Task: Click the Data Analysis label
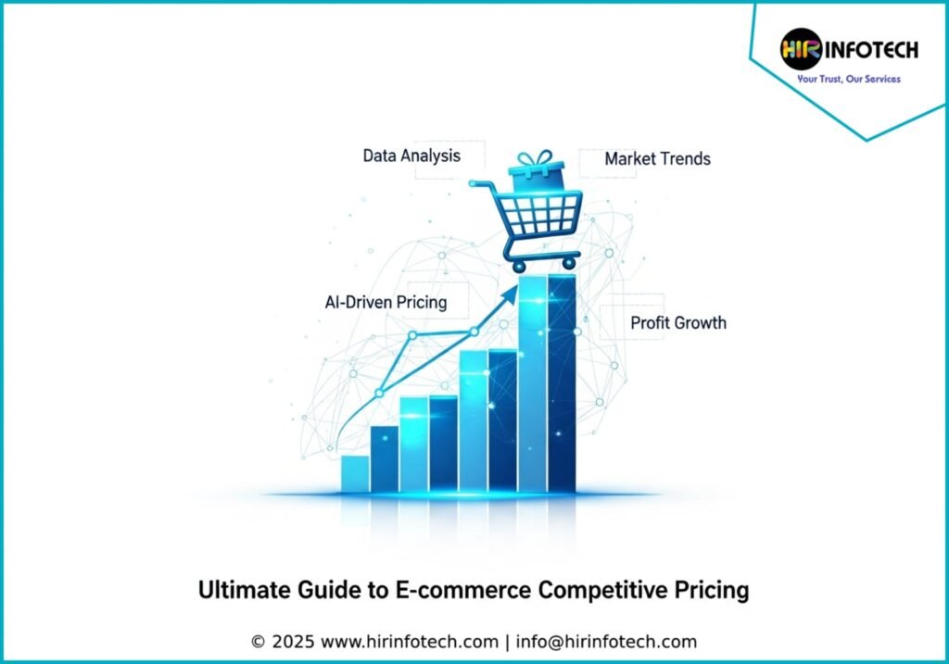[411, 156]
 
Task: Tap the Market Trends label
[657, 158]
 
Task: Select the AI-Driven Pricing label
[386, 302]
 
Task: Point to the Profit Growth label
[678, 322]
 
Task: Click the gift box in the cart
[537, 176]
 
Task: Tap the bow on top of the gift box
[535, 157]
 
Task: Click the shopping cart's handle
[481, 183]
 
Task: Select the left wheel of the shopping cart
[519, 266]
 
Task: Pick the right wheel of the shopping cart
[569, 263]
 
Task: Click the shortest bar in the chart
[355, 473]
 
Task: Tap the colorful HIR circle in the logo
[801, 49]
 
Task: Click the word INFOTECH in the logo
[871, 50]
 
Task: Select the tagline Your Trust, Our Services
[849, 79]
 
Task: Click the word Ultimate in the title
[245, 589]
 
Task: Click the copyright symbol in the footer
[258, 642]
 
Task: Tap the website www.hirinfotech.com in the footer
[409, 642]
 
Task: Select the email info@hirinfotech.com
[606, 642]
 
